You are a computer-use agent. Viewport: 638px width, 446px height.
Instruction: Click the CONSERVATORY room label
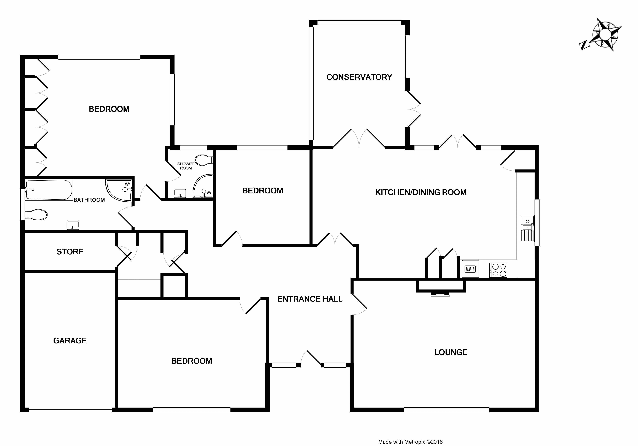[x=359, y=77]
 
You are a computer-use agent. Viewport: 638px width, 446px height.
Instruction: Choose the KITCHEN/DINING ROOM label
[x=421, y=192]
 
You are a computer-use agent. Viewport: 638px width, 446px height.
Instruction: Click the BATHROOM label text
[x=89, y=200]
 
